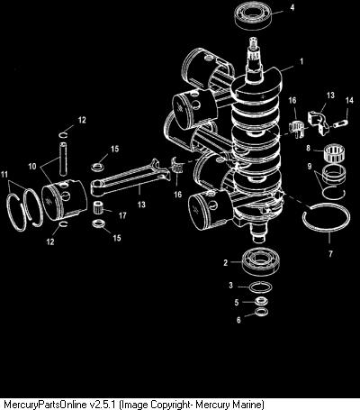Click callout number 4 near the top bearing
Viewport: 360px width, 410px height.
[x=292, y=8]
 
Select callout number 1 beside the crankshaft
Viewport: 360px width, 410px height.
[x=301, y=61]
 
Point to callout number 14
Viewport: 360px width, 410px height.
[x=349, y=100]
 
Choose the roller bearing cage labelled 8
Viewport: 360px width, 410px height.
[x=335, y=154]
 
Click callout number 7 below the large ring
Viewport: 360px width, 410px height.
[x=330, y=254]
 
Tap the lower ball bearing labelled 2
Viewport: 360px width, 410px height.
[x=260, y=261]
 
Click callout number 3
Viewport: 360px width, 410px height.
[x=230, y=285]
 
